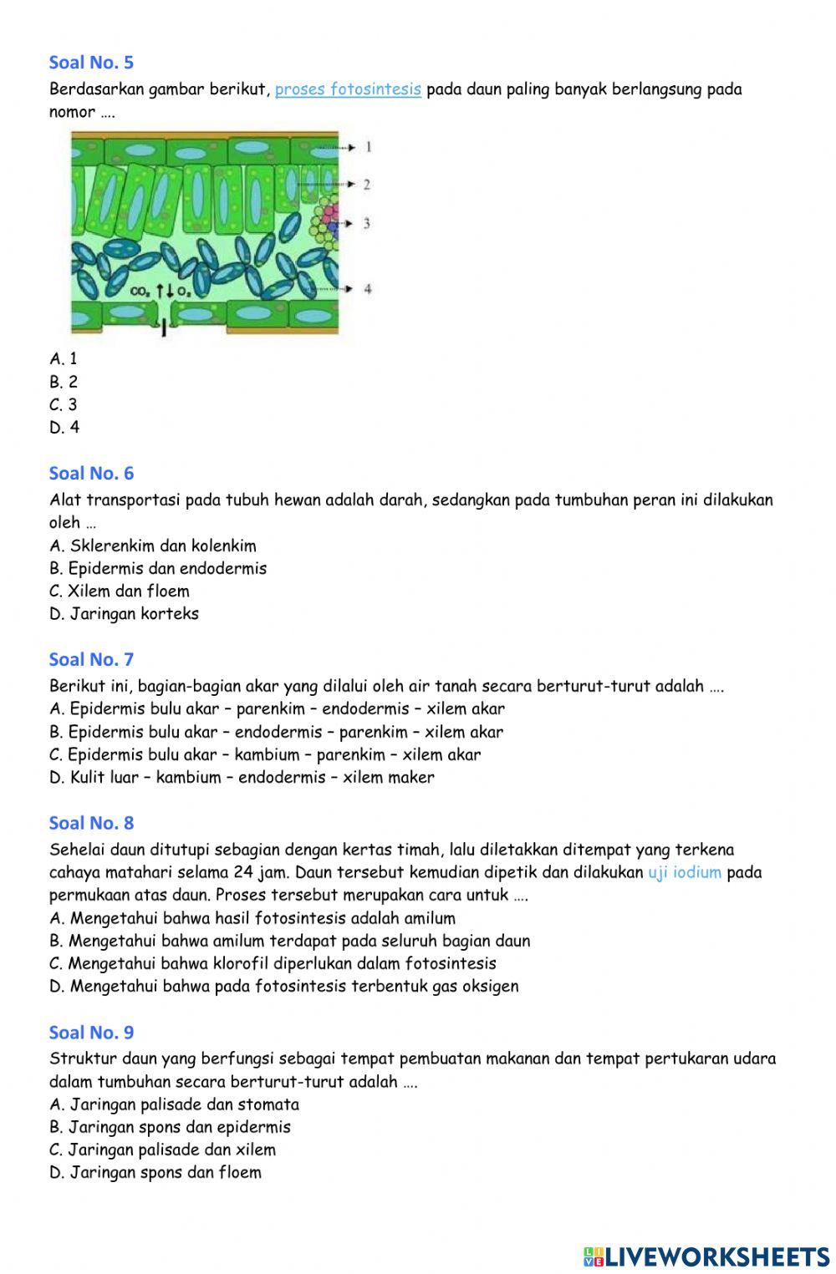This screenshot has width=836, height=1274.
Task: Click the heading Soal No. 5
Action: [x=91, y=63]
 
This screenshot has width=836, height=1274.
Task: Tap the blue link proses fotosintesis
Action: [x=348, y=89]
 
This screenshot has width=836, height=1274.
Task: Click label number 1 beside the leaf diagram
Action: [x=368, y=147]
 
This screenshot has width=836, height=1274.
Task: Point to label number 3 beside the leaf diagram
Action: [x=366, y=223]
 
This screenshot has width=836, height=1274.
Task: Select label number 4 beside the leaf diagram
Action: [x=367, y=289]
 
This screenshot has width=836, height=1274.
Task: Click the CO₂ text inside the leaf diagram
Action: [x=141, y=292]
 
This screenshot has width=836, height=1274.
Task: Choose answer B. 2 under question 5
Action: [x=64, y=382]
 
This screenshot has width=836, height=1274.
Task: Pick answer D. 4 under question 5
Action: [x=64, y=428]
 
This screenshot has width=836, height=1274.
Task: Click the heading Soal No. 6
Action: [x=91, y=474]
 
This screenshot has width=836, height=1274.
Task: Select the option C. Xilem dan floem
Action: [x=120, y=591]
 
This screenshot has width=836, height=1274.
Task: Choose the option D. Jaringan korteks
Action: [x=124, y=614]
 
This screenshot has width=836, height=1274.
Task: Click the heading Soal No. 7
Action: [x=91, y=660]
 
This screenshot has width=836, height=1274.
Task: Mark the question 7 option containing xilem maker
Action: [x=242, y=778]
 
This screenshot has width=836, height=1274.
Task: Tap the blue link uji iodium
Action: [x=684, y=873]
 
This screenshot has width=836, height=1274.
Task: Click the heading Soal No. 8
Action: [x=91, y=824]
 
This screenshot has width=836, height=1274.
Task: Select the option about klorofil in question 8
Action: [x=273, y=964]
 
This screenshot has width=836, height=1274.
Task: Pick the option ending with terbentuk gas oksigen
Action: [x=283, y=987]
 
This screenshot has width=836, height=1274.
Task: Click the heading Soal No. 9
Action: [x=91, y=1033]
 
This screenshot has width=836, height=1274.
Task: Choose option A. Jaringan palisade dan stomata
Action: [x=174, y=1105]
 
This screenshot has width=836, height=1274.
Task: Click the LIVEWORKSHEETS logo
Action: [x=706, y=1256]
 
